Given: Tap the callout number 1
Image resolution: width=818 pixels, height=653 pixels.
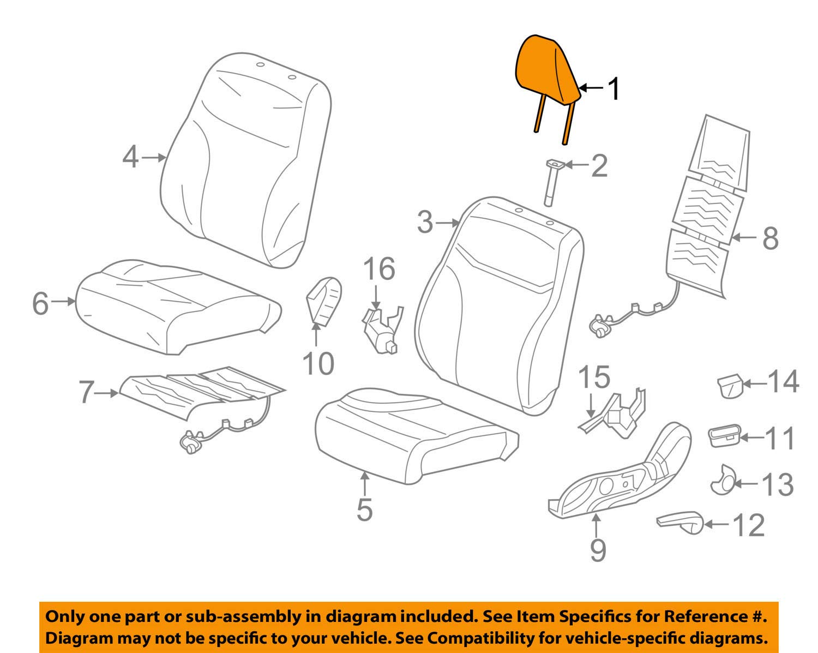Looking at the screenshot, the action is (x=613, y=88).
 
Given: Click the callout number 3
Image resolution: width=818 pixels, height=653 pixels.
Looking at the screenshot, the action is (x=425, y=223).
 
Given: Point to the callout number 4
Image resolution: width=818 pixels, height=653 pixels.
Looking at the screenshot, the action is (x=130, y=158).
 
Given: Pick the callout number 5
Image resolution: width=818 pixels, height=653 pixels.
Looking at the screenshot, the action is (x=364, y=510).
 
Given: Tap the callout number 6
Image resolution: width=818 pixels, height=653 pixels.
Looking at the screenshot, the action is (x=41, y=303).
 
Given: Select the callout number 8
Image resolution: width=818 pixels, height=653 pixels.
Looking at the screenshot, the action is (x=770, y=238).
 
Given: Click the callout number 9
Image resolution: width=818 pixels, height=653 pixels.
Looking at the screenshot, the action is (x=598, y=550).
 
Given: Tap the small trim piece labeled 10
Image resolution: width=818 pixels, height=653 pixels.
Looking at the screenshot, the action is (x=324, y=300).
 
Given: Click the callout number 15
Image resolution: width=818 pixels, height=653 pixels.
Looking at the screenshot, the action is (x=594, y=378).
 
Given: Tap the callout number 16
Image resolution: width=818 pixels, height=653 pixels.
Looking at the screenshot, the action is (x=379, y=269).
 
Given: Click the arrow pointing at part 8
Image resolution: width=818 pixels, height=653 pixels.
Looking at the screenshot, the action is (x=744, y=237).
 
